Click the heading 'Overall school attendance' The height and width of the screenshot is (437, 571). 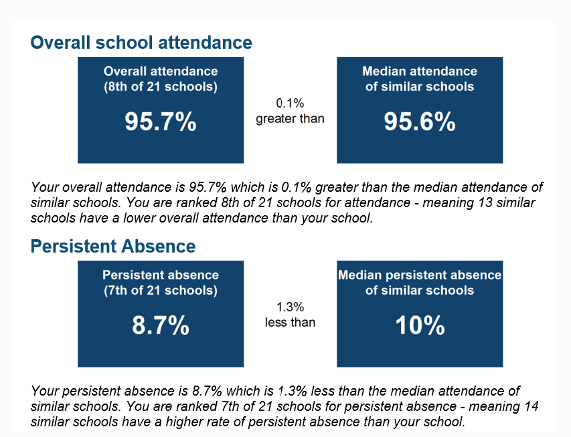[x=141, y=43]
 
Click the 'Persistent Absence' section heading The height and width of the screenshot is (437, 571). [x=113, y=246]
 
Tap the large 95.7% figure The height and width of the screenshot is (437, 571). [x=161, y=121]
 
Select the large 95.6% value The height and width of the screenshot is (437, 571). [x=420, y=121]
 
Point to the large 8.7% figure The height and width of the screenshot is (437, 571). [x=161, y=325]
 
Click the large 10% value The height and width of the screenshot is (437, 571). [x=420, y=325]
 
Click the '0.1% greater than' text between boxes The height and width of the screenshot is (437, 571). [x=290, y=111]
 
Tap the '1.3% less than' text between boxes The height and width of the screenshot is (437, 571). [x=290, y=315]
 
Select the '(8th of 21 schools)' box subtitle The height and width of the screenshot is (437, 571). [x=161, y=87]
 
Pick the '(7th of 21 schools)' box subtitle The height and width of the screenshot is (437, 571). [x=161, y=291]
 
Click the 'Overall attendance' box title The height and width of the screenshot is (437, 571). [x=161, y=71]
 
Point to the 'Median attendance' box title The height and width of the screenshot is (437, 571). [x=420, y=71]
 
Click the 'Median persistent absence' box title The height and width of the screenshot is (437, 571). [x=420, y=275]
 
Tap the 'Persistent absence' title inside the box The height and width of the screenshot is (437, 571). [x=161, y=275]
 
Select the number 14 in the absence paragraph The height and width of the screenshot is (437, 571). [x=532, y=406]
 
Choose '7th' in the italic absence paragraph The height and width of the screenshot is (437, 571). [x=230, y=406]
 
